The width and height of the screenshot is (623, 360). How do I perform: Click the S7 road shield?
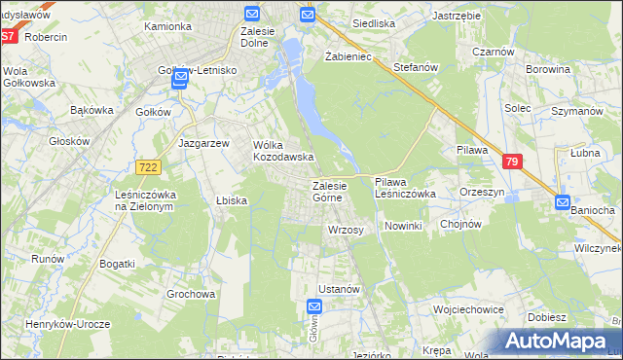pos(8,36)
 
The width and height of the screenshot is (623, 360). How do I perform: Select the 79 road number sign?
pos(513,162)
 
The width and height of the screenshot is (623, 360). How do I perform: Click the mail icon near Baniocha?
pos(563,202)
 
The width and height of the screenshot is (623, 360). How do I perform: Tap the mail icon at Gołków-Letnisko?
pos(179,83)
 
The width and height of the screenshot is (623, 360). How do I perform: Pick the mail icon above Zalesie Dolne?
pos(252,14)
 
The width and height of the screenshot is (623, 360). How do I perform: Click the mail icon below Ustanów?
pos(326,306)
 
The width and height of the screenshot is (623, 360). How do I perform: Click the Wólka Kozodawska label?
pos(281,150)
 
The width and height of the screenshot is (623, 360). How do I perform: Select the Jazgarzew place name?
pos(203,142)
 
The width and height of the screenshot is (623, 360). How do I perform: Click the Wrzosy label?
pos(346,230)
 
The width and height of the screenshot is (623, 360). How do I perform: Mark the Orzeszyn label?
pos(482,193)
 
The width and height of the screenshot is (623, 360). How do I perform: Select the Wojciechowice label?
pos(468,308)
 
